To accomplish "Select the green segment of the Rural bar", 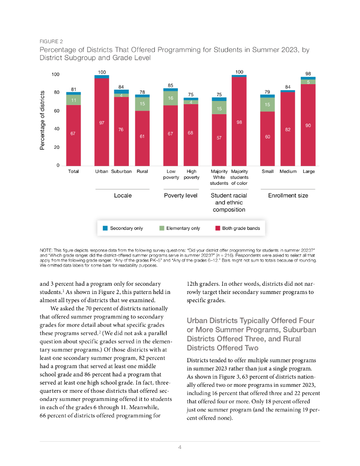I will (142, 104).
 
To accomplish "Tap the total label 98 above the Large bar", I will (308, 73).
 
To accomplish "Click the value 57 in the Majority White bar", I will (219, 137).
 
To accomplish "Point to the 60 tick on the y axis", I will (57, 111).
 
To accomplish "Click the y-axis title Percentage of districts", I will (42, 119).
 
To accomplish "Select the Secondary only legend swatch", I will (105, 228).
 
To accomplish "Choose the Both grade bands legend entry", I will (241, 228).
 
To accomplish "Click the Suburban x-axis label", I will (121, 172).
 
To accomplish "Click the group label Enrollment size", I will (288, 195).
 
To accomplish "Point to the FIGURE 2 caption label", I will (51, 41).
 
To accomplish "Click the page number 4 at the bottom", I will (180, 447).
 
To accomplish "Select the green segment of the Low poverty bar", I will (171, 98).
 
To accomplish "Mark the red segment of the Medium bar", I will (288, 129).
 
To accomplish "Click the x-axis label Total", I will (73, 172).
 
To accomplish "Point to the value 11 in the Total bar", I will (73, 100).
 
